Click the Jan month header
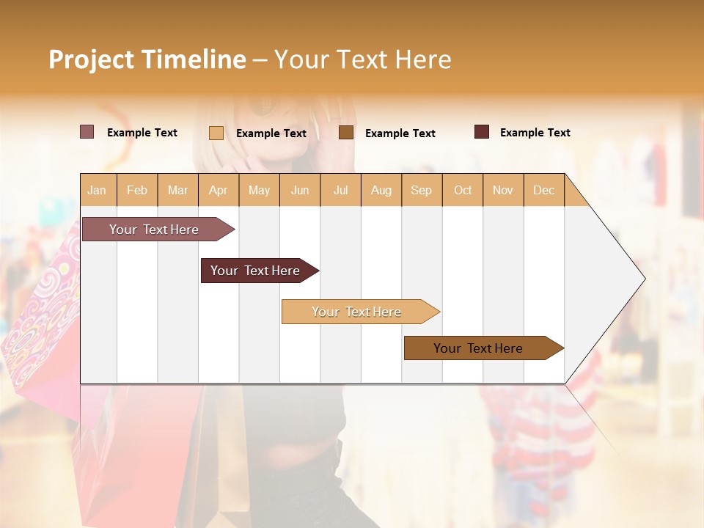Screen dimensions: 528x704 coord(98,190)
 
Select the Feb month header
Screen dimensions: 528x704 coord(137,190)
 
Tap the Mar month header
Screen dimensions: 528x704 coord(177,190)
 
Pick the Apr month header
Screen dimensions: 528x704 coord(219,190)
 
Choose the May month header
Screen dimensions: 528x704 coord(259,190)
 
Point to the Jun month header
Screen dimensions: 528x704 coord(300,190)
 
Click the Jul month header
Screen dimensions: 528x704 coord(340,190)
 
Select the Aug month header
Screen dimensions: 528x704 coord(381,190)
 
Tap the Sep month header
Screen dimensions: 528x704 coord(422,190)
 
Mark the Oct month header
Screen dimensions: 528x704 coord(463,190)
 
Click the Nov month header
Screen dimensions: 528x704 coord(503,190)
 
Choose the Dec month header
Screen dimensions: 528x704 coord(544,190)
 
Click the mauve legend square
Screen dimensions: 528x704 coord(87,132)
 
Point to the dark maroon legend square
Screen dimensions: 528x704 coord(482,132)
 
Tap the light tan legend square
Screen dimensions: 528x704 coord(216,133)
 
